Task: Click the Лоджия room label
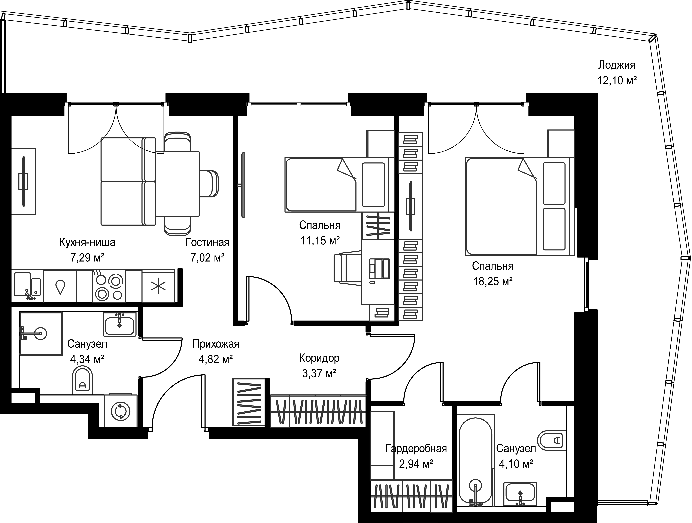[x=617, y=65]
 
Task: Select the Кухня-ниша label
[x=87, y=242]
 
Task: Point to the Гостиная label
[x=207, y=242]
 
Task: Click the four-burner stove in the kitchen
[x=109, y=286]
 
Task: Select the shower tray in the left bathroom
[x=41, y=333]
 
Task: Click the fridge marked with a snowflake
[x=158, y=286]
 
